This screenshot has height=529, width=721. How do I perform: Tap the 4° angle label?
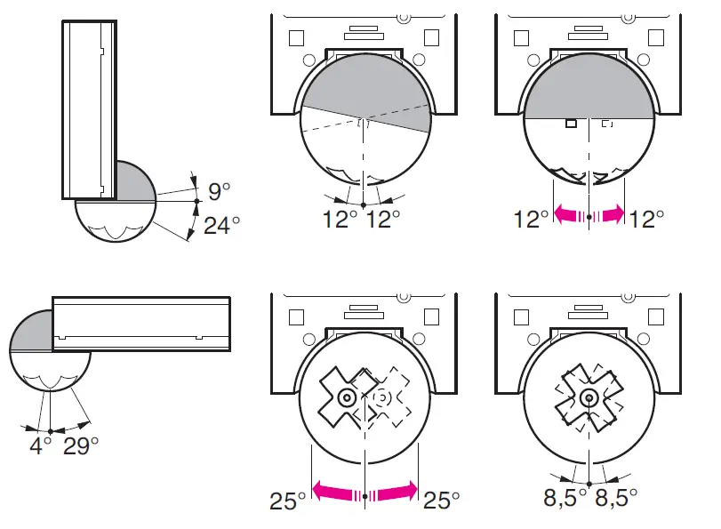point(39,445)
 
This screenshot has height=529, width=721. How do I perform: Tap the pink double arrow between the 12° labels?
point(589,214)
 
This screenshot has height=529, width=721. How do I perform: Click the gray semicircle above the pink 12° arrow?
point(589,89)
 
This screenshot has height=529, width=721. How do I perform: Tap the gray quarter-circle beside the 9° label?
point(133,182)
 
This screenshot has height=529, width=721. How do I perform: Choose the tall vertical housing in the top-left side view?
point(89,108)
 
